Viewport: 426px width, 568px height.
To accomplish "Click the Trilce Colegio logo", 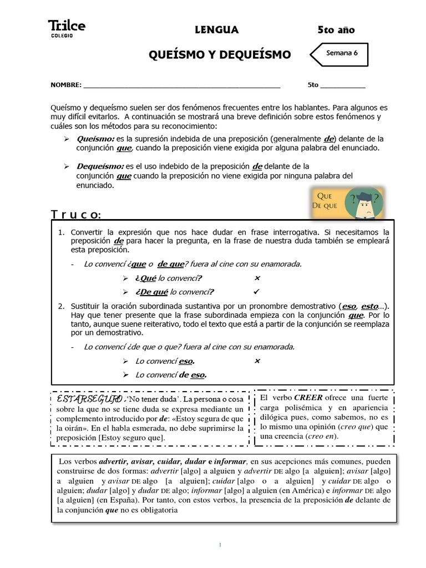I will (67, 28).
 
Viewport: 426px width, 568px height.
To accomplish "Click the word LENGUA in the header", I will (217, 30).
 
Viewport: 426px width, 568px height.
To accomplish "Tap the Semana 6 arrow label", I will (341, 54).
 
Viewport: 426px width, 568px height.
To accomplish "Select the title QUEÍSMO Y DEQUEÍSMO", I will (220, 54).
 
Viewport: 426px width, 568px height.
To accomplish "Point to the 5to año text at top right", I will (336, 30).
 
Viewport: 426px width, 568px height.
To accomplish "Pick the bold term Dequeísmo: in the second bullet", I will (101, 166).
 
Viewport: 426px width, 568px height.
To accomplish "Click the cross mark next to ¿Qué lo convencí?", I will (257, 278).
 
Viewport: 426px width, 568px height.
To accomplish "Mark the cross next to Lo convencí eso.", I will (257, 361).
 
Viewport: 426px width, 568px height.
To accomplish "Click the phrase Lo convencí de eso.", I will (171, 375).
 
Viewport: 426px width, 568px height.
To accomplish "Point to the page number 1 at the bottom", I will (220, 545).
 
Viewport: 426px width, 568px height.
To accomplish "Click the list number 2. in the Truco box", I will (62, 306).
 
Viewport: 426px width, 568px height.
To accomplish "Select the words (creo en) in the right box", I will (321, 436).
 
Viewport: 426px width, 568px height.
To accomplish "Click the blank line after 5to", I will (343, 85).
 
